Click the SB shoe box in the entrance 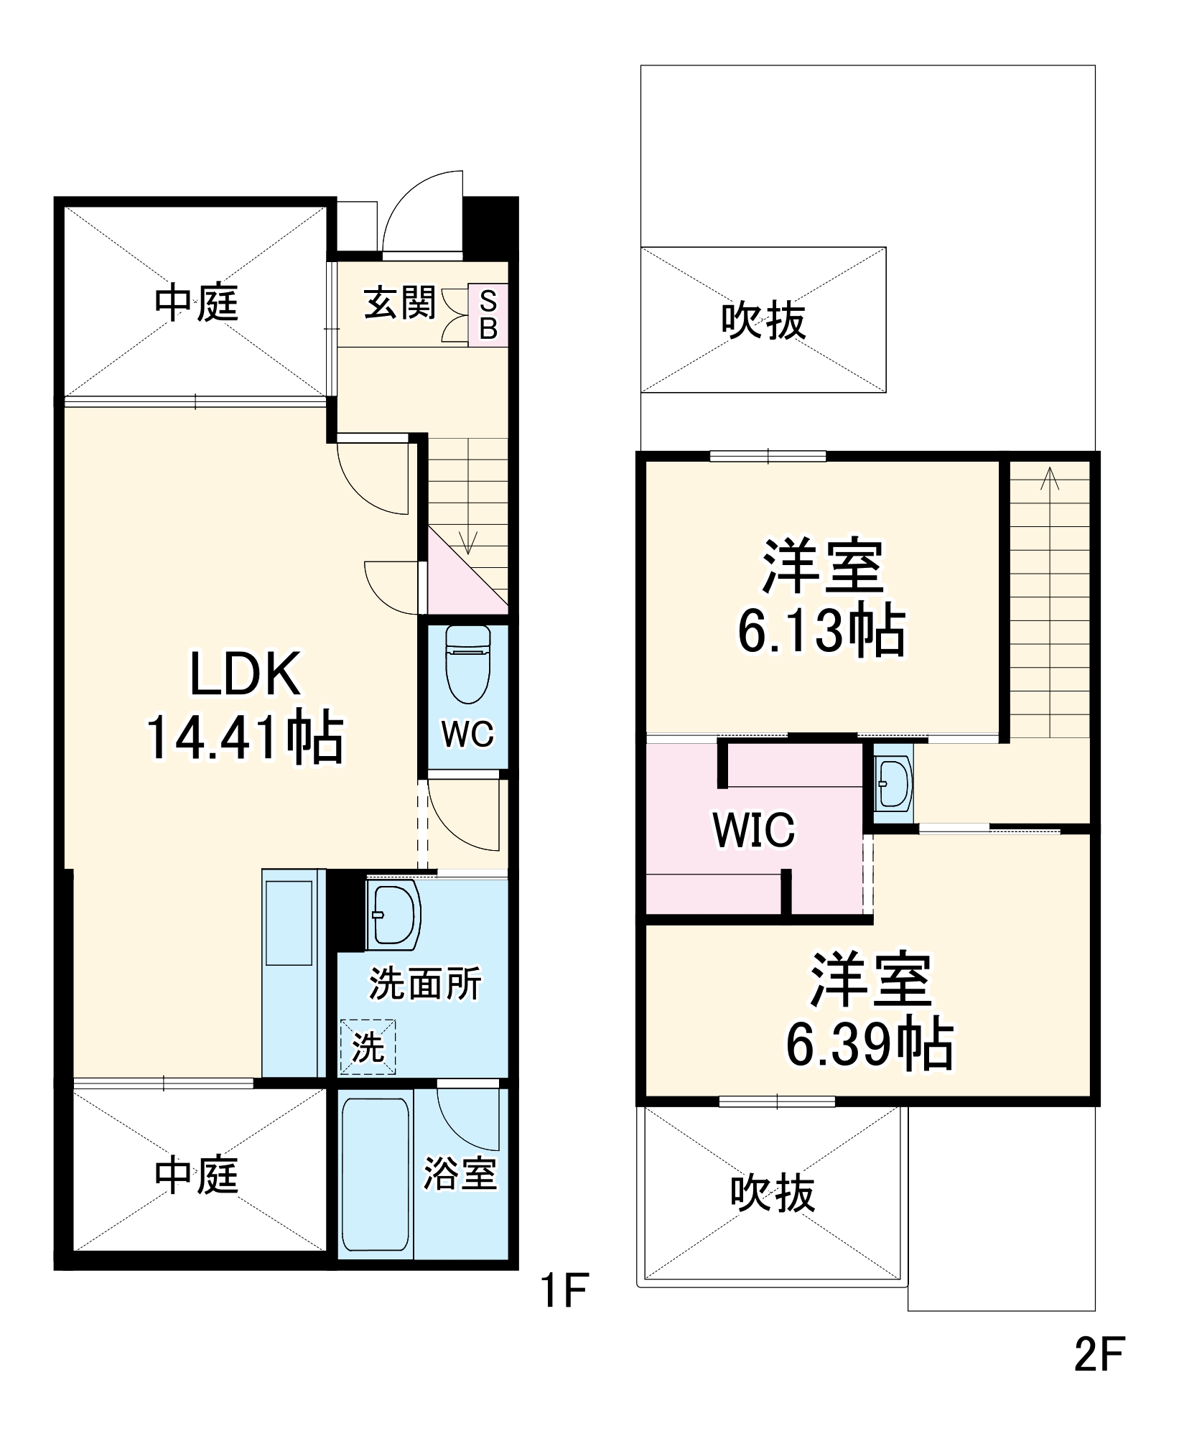(x=488, y=315)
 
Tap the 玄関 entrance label (x=399, y=302)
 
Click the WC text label (x=467, y=734)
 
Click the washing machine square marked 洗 (x=368, y=1048)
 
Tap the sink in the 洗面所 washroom (x=392, y=915)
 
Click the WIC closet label (x=754, y=830)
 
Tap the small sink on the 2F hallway (x=893, y=782)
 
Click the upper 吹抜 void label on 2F (x=763, y=320)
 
